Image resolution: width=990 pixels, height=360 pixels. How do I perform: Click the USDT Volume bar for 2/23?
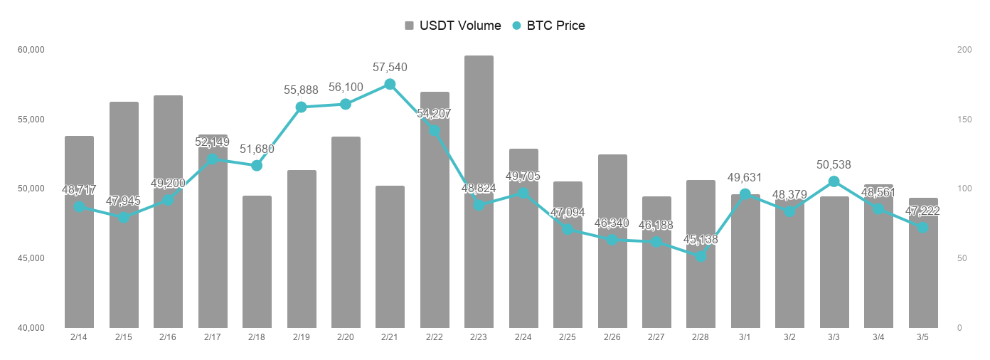tap(479, 191)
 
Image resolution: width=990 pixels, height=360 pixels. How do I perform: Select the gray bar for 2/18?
tap(257, 262)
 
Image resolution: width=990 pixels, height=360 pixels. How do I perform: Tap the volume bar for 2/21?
tap(390, 257)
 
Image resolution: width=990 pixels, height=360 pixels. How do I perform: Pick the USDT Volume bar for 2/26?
tap(612, 241)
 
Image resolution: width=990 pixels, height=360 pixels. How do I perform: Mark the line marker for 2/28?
tap(701, 256)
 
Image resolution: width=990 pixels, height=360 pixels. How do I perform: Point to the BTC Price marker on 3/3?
tap(834, 181)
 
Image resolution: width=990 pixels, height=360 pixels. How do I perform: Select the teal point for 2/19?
tap(301, 107)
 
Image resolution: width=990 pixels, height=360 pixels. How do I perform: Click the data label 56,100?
tap(346, 87)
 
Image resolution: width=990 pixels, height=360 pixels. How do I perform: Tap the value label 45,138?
tap(701, 239)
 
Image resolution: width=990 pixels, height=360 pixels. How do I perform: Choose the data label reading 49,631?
tap(745, 178)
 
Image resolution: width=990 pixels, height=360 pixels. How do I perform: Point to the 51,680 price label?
tap(257, 149)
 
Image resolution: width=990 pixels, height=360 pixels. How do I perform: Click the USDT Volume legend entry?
tap(452, 26)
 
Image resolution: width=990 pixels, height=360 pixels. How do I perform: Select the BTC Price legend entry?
tap(548, 26)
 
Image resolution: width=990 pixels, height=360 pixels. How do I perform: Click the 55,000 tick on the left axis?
tap(31, 120)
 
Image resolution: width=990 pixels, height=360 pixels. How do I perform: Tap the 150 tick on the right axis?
tap(964, 120)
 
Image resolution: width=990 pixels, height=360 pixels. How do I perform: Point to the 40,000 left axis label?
tap(31, 328)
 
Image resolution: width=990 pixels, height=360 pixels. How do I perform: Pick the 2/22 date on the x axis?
tap(435, 337)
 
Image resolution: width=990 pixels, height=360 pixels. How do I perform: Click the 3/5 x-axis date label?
tap(922, 337)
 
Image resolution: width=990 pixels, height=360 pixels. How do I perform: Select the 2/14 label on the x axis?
tap(79, 337)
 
